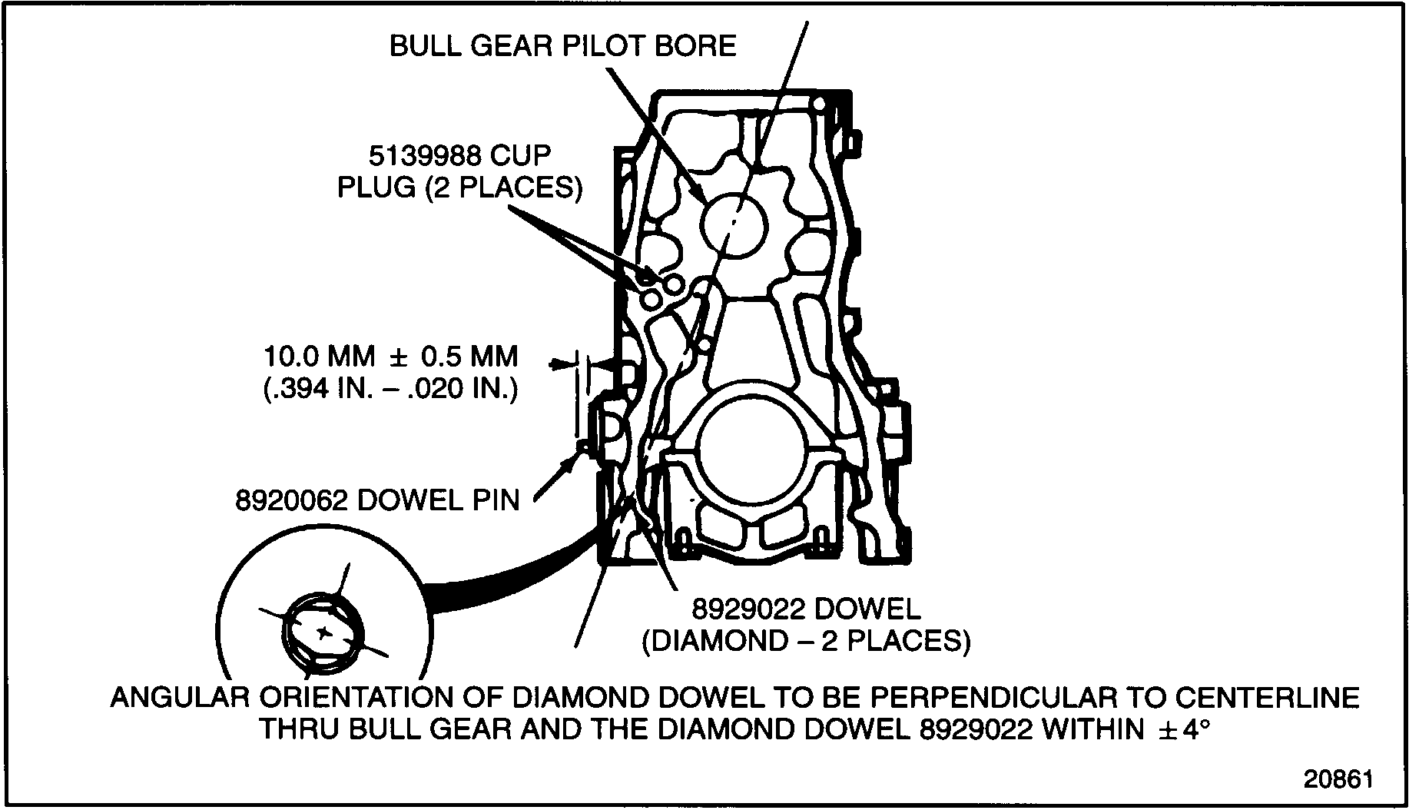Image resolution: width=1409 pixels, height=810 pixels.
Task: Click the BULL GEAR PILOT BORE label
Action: pyautogui.click(x=562, y=46)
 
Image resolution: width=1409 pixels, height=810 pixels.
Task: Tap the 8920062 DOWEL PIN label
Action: pyautogui.click(x=377, y=500)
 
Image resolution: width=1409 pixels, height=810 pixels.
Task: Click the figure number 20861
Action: pyautogui.click(x=1338, y=779)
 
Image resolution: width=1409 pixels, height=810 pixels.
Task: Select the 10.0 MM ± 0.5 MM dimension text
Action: pyautogui.click(x=391, y=357)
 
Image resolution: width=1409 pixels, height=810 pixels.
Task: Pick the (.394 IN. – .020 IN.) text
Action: pyautogui.click(x=391, y=389)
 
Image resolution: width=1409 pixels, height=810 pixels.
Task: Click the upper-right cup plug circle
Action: pyautogui.click(x=674, y=284)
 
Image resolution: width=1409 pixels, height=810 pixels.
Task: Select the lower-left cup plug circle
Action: pyautogui.click(x=651, y=297)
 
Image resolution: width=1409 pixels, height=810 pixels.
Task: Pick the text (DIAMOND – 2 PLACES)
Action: pyautogui.click(x=806, y=641)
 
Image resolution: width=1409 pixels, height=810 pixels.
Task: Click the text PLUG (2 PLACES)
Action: pyautogui.click(x=459, y=188)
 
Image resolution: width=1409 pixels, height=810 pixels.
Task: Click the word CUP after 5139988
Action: pyautogui.click(x=521, y=156)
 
